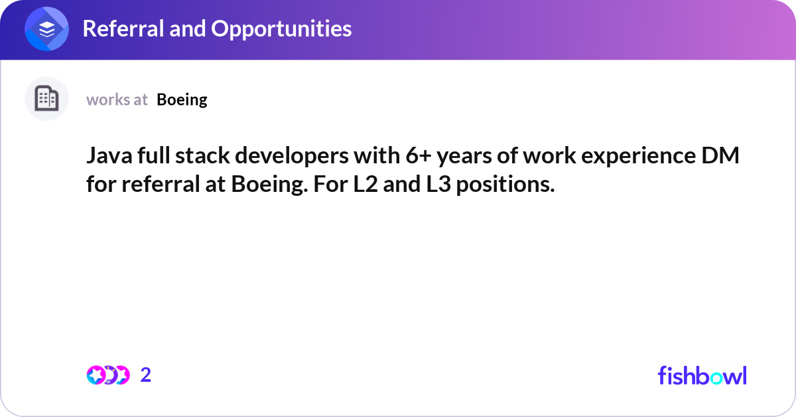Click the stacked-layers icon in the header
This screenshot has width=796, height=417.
(x=46, y=29)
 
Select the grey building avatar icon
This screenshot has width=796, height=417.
(x=46, y=99)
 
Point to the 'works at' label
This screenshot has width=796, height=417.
(x=117, y=100)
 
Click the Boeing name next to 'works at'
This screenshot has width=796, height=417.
(x=182, y=100)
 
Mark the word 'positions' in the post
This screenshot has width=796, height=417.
(x=506, y=184)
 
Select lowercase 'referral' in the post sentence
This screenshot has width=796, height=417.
(x=154, y=184)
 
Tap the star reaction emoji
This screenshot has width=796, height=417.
(x=96, y=375)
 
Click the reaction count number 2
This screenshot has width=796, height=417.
(x=146, y=375)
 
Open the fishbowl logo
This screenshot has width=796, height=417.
(x=702, y=375)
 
